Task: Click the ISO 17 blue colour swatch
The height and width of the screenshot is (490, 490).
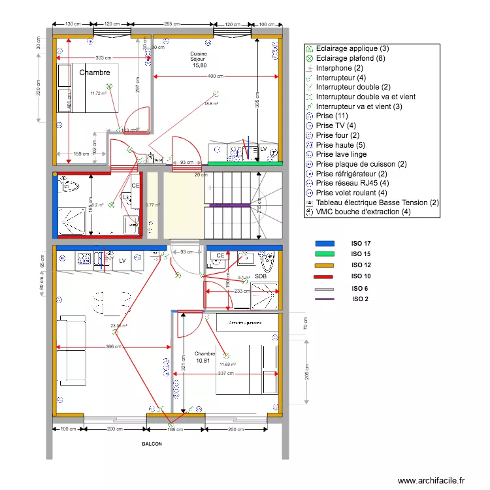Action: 324,243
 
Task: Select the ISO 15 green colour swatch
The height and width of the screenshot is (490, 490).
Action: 324,254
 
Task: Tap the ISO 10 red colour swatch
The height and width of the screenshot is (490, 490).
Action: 324,277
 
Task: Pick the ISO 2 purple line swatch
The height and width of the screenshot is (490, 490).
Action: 324,299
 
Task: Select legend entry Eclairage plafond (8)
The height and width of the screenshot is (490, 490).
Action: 348,58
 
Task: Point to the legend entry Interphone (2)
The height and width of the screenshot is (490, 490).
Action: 339,68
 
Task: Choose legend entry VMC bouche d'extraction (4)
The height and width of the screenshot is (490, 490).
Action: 363,212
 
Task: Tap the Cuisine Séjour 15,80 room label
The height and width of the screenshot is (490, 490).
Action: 199,59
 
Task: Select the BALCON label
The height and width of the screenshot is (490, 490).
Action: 152,443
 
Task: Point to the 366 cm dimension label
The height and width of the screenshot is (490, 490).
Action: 114,347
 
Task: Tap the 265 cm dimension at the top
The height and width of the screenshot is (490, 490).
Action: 172,24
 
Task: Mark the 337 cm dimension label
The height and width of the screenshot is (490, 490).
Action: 226,374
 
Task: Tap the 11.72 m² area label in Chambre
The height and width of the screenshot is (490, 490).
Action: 98,93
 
